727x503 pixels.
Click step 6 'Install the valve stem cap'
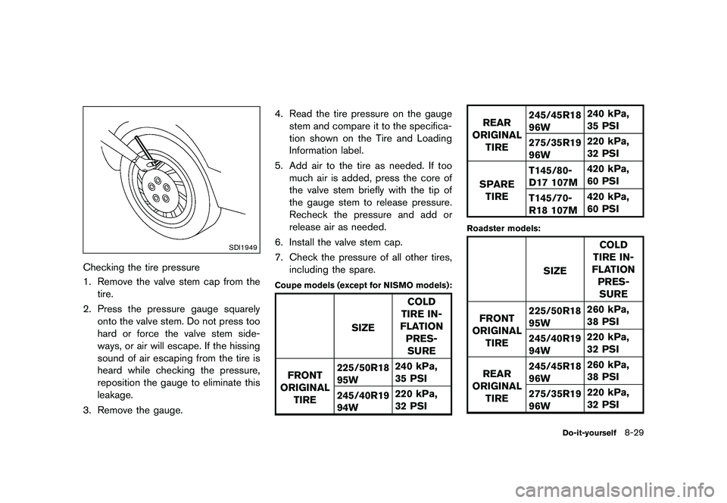[337, 242]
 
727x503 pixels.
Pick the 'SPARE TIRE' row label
[497, 189]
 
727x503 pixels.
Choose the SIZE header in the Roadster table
[554, 270]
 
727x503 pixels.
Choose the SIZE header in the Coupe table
[363, 327]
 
